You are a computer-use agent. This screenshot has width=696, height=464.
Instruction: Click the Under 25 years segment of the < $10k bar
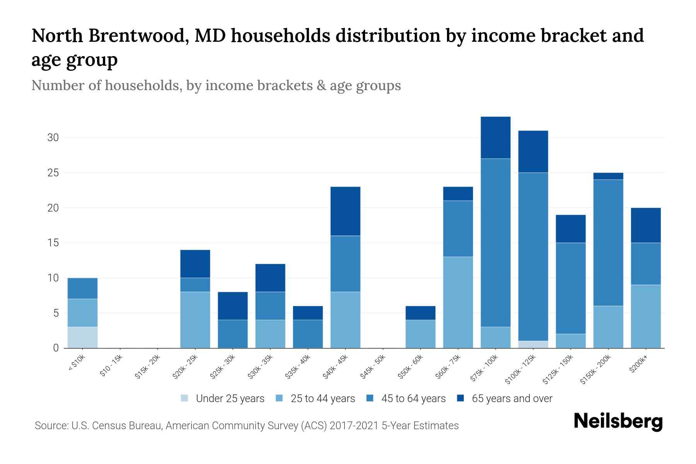coord(82,337)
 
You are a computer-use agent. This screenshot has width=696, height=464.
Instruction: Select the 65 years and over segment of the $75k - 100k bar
coord(495,137)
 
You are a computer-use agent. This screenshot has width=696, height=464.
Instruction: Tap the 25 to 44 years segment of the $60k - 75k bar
coord(458,302)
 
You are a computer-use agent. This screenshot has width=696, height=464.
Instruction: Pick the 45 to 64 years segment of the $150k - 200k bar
coord(608,242)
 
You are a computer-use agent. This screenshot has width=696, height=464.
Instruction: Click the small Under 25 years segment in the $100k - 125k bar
coord(533,344)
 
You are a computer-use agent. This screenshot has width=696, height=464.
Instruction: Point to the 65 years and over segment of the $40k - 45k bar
coord(345,211)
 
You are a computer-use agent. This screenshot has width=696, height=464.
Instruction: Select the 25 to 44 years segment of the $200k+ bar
coord(646,316)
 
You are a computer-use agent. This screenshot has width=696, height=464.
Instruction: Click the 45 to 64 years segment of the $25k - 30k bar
coord(233,334)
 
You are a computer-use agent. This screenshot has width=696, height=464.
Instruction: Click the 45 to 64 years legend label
coord(413,399)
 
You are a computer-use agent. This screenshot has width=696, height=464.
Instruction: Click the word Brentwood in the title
coord(138,36)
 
